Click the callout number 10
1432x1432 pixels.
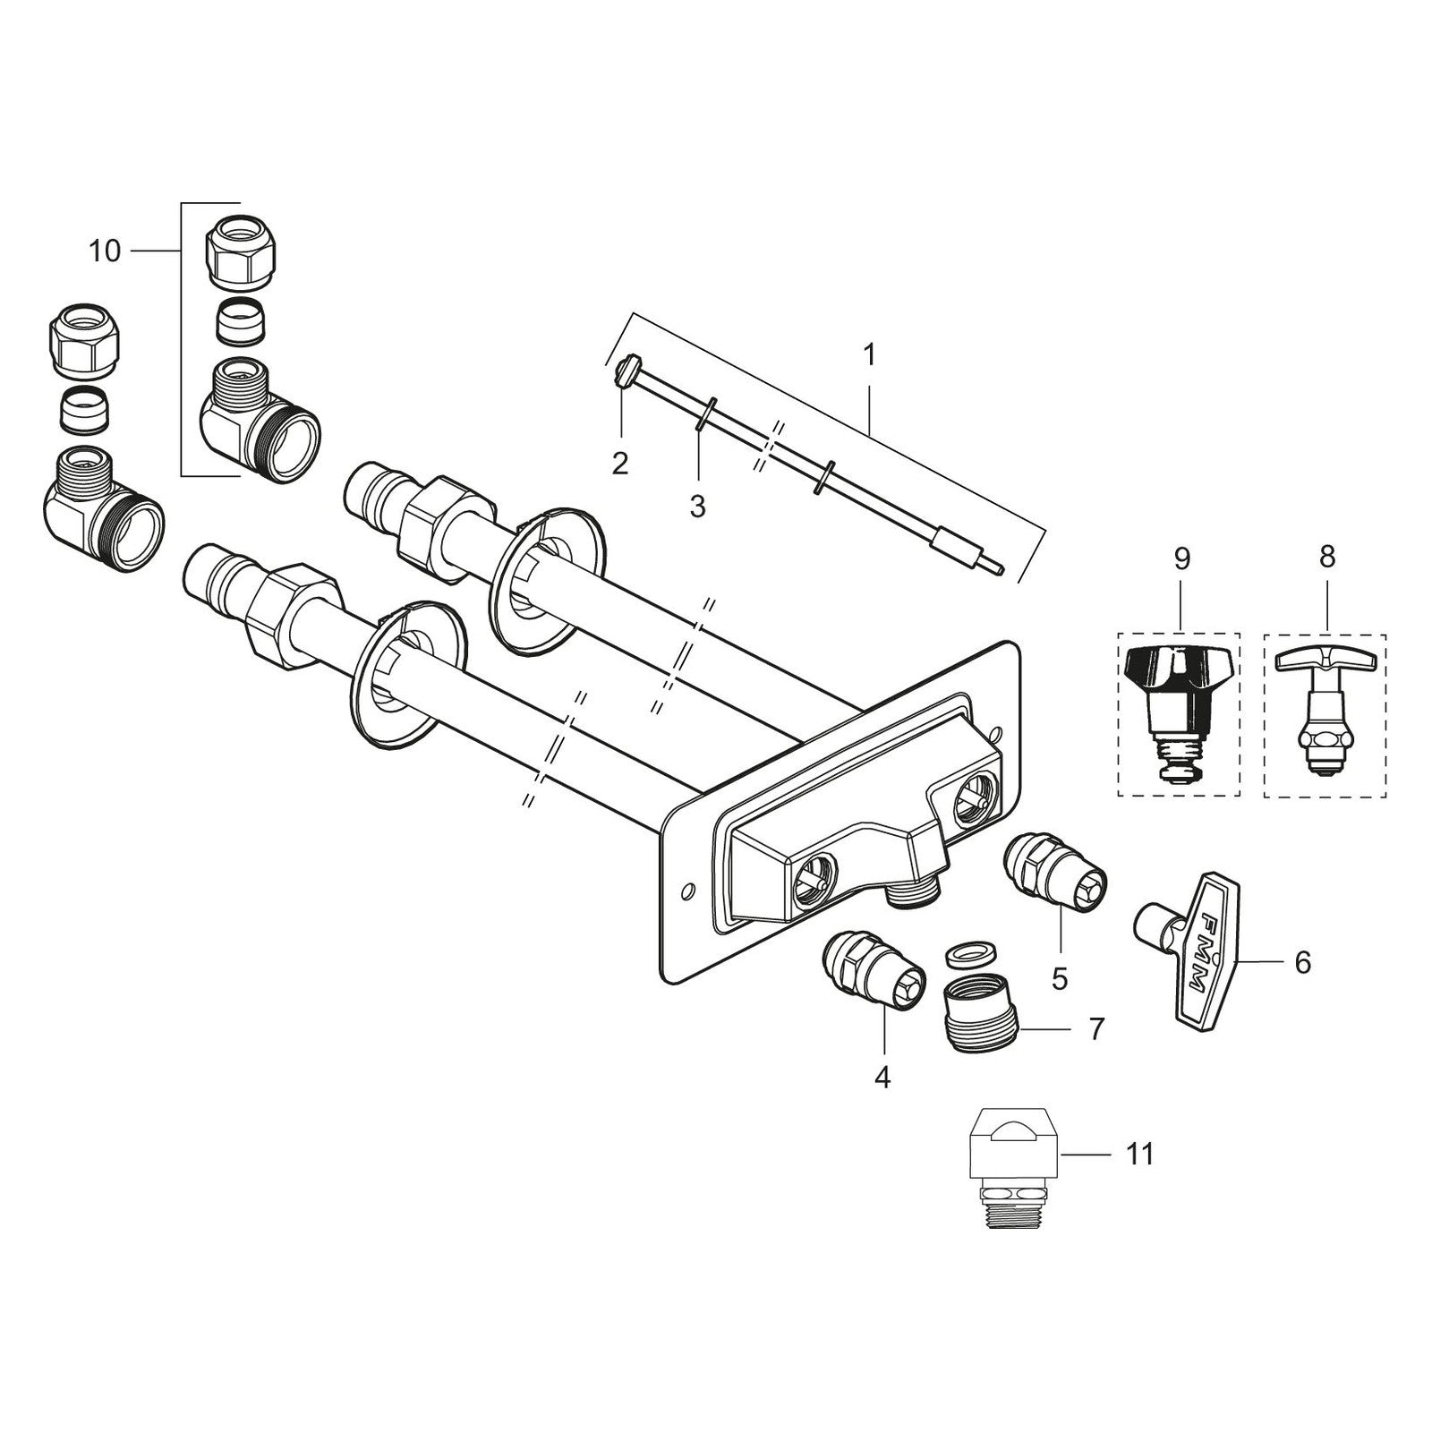[x=105, y=251]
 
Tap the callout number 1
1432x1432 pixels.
[x=868, y=354]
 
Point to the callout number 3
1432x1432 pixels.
[x=697, y=507]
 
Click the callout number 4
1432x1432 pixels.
[x=882, y=1079]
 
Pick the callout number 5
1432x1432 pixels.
[x=1060, y=979]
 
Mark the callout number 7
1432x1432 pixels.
[x=1096, y=1028]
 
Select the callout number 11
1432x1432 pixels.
[x=1139, y=1155]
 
